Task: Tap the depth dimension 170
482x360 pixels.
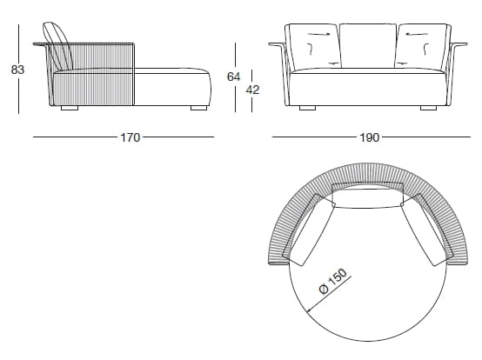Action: [x=131, y=137]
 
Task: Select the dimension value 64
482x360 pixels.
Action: [x=232, y=77]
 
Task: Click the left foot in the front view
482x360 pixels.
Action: [x=307, y=110]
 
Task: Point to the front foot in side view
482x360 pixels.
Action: [x=199, y=110]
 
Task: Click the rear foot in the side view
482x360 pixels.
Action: [x=70, y=110]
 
